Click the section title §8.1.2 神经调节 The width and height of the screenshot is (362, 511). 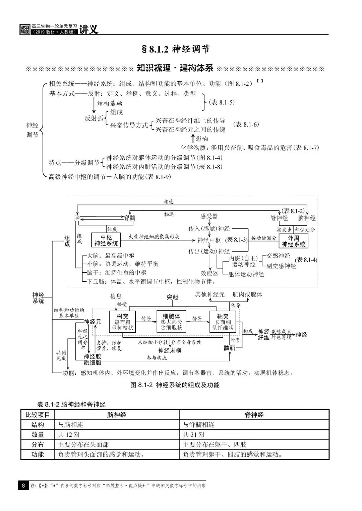tap(176, 49)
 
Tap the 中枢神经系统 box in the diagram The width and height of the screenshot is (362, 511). tap(106, 240)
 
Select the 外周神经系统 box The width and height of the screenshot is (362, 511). tap(293, 241)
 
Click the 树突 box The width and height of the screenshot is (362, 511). tap(122, 322)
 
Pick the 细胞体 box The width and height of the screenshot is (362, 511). tap(171, 322)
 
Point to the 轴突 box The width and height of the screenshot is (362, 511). tap(223, 322)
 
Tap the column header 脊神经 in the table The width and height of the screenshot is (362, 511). tap(254, 415)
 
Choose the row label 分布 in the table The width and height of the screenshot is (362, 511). tap(38, 444)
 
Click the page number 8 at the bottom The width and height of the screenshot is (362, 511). tap(23, 485)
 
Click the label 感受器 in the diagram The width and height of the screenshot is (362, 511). tap(209, 216)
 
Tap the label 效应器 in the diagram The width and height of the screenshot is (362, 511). tap(209, 273)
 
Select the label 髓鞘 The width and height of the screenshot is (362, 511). tap(230, 348)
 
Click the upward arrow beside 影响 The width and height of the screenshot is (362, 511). tap(192, 138)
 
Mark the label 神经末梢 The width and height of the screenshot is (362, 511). tap(170, 350)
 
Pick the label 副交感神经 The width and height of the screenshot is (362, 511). tap(281, 266)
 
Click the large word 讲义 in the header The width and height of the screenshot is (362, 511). tap(89, 29)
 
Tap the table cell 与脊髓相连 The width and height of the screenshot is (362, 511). tap(199, 425)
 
